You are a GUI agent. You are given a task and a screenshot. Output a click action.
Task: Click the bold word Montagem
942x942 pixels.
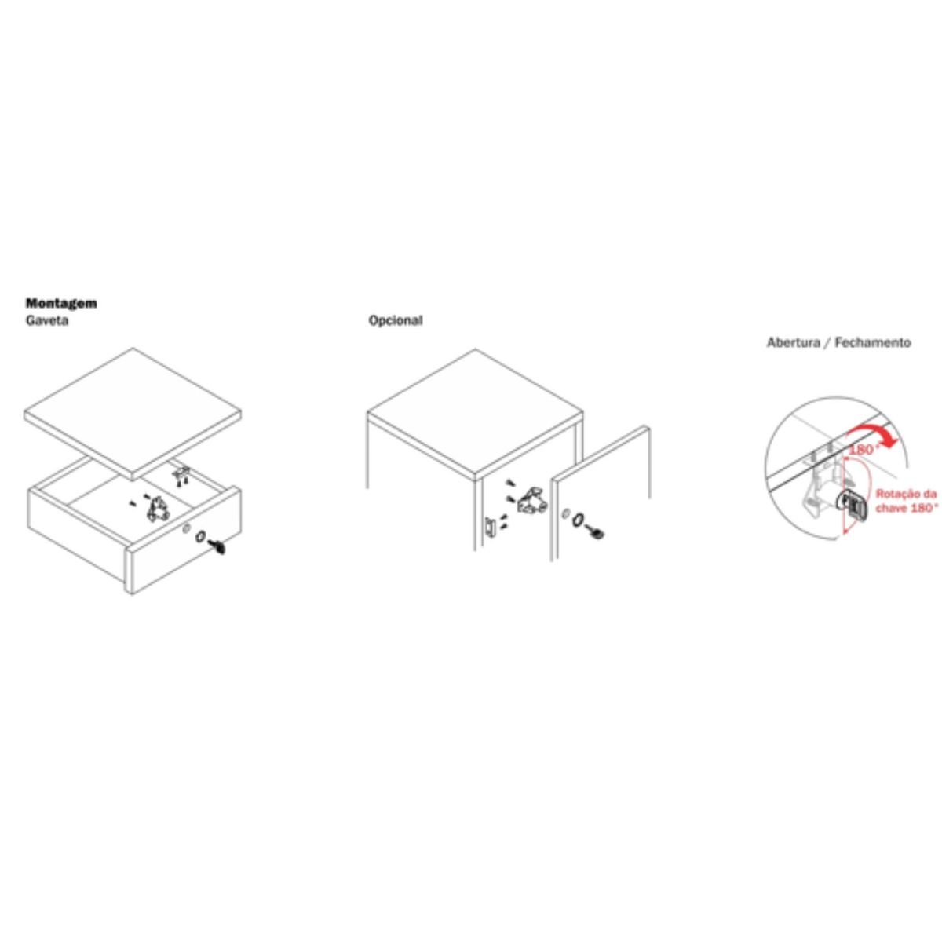pos(61,303)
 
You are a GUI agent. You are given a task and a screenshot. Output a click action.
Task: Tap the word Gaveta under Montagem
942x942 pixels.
pos(47,321)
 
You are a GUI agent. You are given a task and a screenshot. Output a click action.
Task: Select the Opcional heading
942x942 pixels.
pos(396,321)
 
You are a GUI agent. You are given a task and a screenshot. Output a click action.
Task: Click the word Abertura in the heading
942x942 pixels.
pos(793,343)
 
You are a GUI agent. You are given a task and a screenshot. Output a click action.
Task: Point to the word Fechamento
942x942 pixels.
pos(873,343)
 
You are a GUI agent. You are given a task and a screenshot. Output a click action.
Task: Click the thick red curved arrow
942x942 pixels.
pos(873,432)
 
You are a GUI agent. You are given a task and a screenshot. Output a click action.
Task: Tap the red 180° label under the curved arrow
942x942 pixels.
pos(863,450)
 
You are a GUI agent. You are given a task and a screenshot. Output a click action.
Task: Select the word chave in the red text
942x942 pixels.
pos(891,509)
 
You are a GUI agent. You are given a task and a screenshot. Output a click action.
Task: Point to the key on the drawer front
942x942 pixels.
pos(217,546)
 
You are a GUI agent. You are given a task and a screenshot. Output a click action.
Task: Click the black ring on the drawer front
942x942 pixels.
pos(200,537)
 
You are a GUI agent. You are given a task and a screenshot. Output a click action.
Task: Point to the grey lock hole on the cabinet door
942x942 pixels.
pos(565,513)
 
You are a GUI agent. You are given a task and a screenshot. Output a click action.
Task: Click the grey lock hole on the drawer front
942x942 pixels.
pos(186,529)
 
